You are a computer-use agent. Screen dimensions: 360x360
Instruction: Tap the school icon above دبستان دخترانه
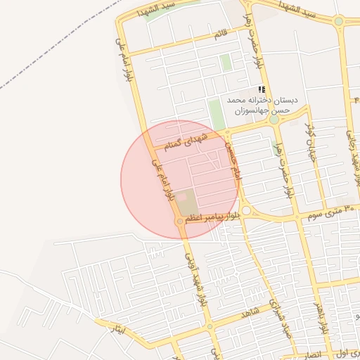pyautogui.click(x=262, y=89)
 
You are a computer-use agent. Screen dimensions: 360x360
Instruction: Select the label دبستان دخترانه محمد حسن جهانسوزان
pyautogui.click(x=262, y=105)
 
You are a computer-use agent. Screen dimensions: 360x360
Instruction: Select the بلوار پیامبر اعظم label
pyautogui.click(x=214, y=218)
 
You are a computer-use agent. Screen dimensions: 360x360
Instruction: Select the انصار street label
pyautogui.click(x=312, y=353)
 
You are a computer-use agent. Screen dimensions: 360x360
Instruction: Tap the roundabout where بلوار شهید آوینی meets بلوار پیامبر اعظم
pyautogui.click(x=181, y=221)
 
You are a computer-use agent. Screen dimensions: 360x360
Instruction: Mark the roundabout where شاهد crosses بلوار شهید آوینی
pyautogui.click(x=209, y=326)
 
